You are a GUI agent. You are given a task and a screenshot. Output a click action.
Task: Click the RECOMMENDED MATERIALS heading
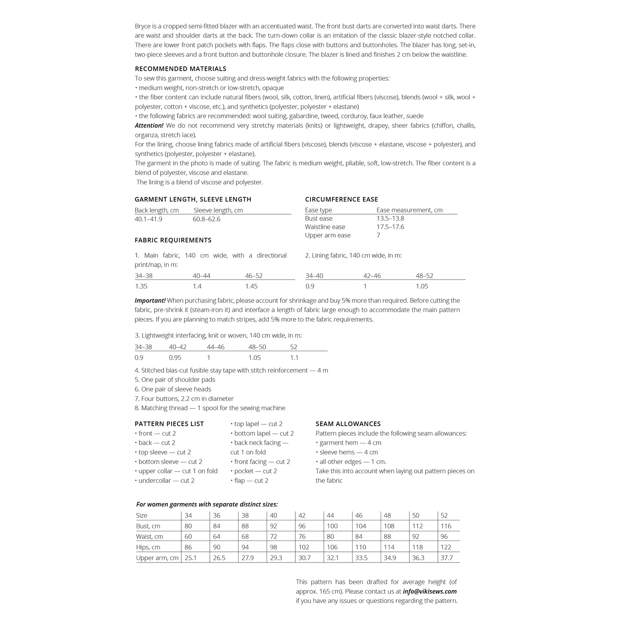180,69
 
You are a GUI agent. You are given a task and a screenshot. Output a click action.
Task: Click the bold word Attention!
149,125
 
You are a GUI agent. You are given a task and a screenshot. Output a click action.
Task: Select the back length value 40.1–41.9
148,219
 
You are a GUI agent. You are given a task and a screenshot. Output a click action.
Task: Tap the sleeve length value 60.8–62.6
207,219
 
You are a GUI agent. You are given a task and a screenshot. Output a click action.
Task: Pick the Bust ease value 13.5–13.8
390,218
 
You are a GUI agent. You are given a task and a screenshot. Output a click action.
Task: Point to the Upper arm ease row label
328,235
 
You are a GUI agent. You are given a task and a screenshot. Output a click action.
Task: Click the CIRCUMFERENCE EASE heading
341,199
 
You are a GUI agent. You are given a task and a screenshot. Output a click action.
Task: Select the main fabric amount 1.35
141,286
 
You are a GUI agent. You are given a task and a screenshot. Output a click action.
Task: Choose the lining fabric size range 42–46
372,276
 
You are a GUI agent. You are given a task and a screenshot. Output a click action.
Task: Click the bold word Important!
150,300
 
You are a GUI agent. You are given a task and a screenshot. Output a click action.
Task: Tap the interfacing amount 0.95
175,358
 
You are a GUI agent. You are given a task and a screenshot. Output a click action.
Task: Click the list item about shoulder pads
175,379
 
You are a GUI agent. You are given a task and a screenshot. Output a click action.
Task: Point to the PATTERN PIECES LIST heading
169,424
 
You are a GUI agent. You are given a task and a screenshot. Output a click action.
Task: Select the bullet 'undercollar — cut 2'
166,480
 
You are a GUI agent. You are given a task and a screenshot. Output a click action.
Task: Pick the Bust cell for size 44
332,526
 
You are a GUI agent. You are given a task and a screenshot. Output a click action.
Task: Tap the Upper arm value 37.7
446,558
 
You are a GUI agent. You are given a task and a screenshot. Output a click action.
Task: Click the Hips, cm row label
148,547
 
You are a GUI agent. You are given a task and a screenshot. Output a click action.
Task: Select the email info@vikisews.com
430,591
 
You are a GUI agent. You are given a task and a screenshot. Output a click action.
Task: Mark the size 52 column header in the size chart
444,515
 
